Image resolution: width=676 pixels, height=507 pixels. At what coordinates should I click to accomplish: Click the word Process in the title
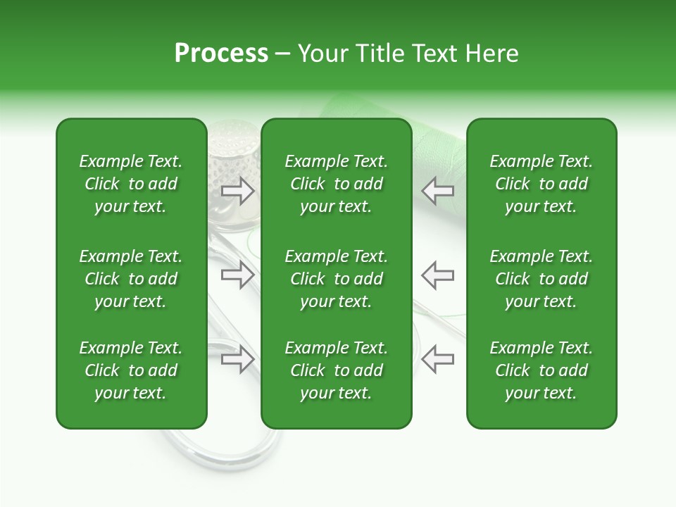[221, 54]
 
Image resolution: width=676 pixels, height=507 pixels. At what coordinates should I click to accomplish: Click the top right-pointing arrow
[238, 190]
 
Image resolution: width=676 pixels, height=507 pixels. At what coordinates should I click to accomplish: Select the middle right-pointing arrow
[238, 275]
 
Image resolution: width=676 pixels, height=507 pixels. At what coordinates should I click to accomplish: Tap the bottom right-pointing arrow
[238, 359]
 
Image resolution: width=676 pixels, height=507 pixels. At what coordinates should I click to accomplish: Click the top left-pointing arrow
[438, 190]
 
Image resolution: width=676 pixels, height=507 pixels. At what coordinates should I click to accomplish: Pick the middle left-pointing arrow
[438, 275]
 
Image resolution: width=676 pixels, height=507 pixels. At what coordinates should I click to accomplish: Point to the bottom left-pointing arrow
[438, 359]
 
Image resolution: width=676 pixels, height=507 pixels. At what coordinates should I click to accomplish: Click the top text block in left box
[131, 184]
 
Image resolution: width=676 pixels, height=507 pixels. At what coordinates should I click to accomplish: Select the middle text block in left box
[131, 279]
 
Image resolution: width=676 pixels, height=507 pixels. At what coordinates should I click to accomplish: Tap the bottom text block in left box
[131, 370]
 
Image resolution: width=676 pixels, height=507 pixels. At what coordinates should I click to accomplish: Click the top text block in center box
[337, 184]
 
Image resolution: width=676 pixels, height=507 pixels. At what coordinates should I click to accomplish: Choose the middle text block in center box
[337, 279]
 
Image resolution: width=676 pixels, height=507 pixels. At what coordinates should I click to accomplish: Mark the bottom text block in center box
[337, 370]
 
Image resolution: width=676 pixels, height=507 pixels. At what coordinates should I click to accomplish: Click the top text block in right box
[542, 184]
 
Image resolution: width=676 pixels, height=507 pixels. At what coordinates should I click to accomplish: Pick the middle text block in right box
[542, 279]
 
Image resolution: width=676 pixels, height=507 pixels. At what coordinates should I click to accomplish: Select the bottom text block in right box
[542, 370]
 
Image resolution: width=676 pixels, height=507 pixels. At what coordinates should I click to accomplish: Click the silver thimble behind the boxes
[233, 151]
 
